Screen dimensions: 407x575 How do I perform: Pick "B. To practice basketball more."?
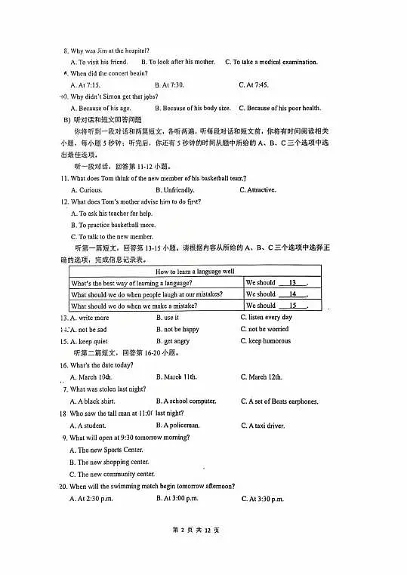tap(113, 225)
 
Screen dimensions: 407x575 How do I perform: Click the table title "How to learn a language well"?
tap(195, 271)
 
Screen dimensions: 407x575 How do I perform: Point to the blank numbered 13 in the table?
tap(291, 282)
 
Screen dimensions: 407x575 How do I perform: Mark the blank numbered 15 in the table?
tap(291, 306)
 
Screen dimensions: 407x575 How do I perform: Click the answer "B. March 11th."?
tap(176, 377)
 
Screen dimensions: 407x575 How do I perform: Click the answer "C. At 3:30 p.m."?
tap(262, 499)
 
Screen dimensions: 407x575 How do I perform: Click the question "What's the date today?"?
tap(105, 365)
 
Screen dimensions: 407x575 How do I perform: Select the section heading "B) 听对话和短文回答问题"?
tap(102, 120)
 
